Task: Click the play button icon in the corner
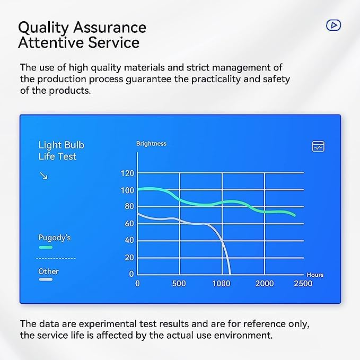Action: [x=333, y=25]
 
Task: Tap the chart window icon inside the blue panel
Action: [x=318, y=146]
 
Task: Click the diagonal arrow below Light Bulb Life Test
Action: [x=43, y=175]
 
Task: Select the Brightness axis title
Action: [x=151, y=144]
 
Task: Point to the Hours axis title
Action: [x=315, y=275]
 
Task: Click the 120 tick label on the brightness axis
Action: [x=127, y=173]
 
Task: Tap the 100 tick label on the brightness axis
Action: [x=127, y=190]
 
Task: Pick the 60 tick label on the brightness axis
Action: [x=129, y=223]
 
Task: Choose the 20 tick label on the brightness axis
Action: [x=129, y=258]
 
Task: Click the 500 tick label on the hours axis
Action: [x=179, y=284]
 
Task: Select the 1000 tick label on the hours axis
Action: [x=221, y=284]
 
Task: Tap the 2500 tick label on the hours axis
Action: [x=303, y=284]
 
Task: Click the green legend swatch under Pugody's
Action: [x=46, y=247]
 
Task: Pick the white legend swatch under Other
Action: [x=46, y=279]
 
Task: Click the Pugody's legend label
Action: [x=55, y=238]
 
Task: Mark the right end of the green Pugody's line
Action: [x=295, y=215]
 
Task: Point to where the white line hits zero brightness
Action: [x=230, y=274]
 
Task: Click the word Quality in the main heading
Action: [x=43, y=28]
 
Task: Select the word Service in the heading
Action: [x=114, y=42]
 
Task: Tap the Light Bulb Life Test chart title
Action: [x=62, y=151]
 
